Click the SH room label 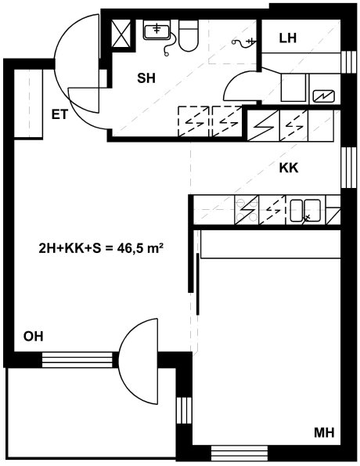146,78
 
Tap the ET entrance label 60,114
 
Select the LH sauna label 288,38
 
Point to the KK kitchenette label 289,168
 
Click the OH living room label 34,337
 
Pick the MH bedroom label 324,432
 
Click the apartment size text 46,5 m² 140,248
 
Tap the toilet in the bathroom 189,36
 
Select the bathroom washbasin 157,30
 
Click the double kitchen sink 305,211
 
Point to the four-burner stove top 247,210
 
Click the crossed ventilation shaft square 121,33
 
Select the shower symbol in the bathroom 243,42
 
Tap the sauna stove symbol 324,96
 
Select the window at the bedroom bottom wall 239,453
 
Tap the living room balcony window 77,359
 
